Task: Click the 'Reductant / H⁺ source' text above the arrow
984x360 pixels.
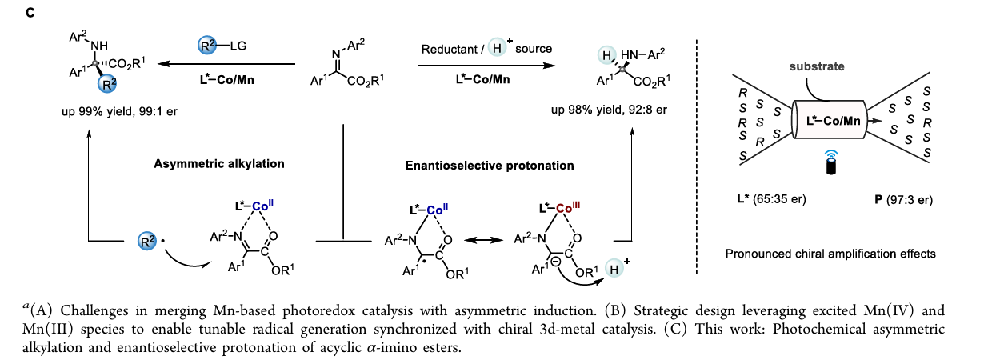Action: click(487, 49)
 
